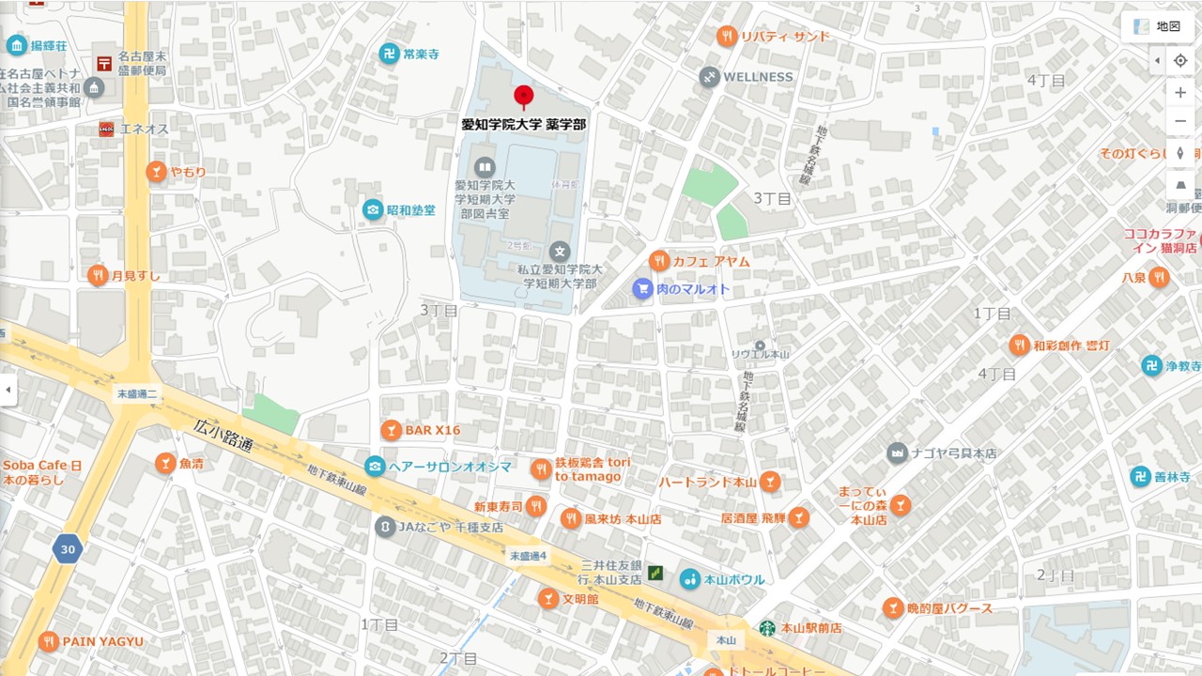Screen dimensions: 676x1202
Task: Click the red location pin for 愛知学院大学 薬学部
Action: (524, 96)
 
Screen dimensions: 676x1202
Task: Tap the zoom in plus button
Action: (1180, 92)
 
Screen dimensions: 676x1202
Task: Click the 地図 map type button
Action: (1157, 26)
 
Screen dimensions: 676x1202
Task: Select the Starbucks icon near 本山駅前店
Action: (767, 627)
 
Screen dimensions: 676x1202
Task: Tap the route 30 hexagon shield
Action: (67, 549)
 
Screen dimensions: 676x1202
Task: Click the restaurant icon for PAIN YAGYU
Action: (48, 641)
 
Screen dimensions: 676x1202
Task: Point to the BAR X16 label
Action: (433, 430)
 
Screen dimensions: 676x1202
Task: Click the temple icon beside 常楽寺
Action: (389, 54)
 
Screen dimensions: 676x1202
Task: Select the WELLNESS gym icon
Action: (710, 77)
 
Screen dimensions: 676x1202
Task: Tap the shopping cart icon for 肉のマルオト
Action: (642, 289)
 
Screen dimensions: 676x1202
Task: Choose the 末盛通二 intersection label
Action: (138, 394)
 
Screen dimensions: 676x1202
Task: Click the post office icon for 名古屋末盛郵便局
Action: (104, 64)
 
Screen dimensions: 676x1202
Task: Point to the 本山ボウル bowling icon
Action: (690, 579)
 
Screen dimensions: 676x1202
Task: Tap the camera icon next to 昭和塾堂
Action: (374, 209)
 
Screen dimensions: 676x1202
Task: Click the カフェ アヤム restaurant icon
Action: (659, 261)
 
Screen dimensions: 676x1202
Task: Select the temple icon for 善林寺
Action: (1140, 477)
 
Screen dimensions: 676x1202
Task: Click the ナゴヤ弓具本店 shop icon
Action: (897, 453)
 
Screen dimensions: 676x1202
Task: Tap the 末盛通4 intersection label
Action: (528, 556)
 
